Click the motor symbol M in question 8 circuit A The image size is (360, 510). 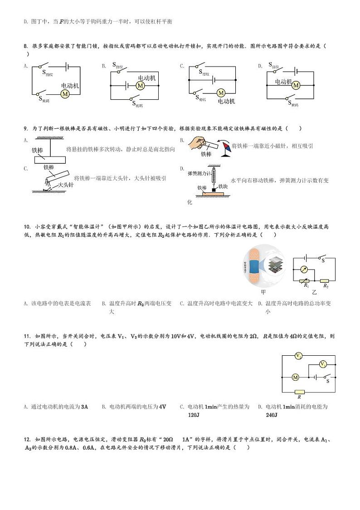(65, 93)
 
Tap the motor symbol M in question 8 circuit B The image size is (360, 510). (140, 86)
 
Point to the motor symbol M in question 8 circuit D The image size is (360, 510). (296, 85)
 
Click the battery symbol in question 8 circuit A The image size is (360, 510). (65, 67)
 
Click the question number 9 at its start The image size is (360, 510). (25, 128)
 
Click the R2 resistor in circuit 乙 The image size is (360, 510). (325, 281)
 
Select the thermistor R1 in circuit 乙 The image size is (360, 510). (305, 281)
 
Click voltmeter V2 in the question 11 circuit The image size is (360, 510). (298, 356)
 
